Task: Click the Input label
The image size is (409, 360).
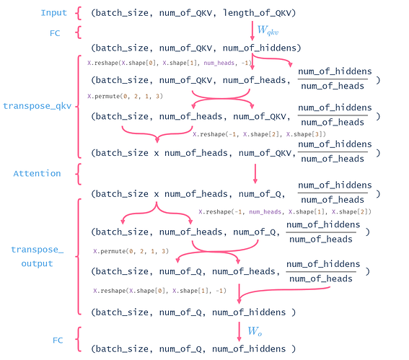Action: point(54,12)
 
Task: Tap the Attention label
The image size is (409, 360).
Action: point(37,173)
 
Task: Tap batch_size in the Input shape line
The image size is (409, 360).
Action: point(126,12)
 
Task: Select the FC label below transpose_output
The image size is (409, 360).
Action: point(59,339)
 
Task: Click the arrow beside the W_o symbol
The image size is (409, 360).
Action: point(239,332)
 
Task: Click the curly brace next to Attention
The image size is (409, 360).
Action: point(81,173)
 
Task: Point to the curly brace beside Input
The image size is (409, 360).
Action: point(81,12)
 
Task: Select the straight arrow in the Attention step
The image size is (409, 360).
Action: point(255,173)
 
